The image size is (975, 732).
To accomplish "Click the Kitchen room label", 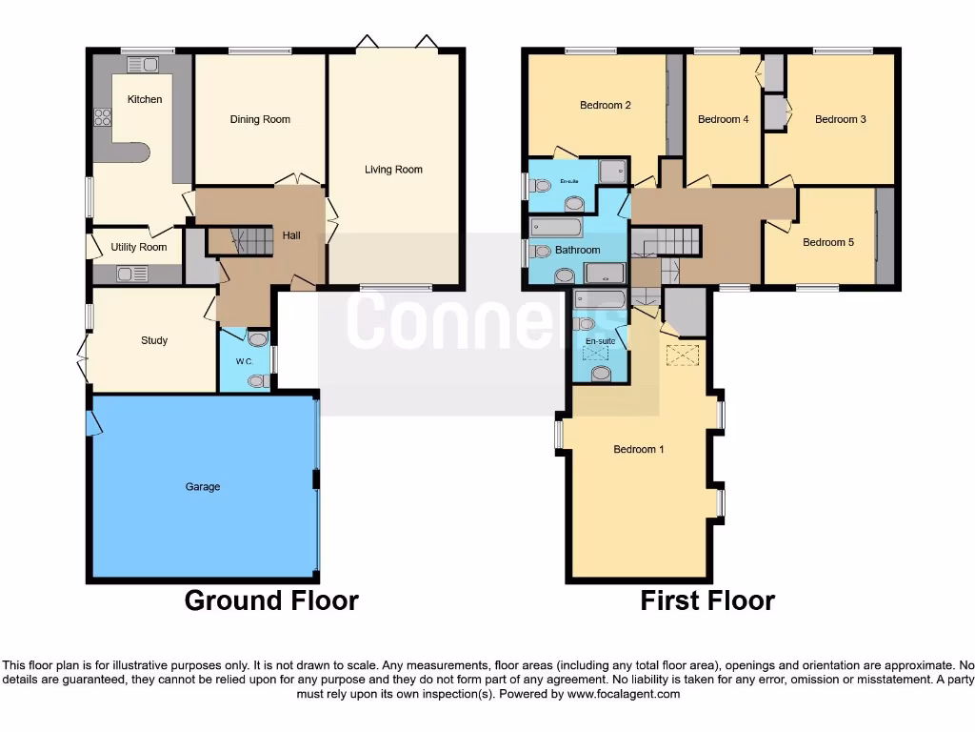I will pos(145,99).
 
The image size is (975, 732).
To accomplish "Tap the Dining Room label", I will pos(260,120).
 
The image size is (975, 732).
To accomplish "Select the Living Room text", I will pos(393,170).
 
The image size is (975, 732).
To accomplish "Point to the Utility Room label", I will pos(139,248).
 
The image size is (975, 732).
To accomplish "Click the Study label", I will pos(154,340).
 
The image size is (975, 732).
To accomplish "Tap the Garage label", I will pos(203,487).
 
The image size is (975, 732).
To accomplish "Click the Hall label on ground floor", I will pos(291,235).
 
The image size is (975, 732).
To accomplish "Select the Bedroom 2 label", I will pos(606,106).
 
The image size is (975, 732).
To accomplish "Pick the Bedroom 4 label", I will pos(724,120).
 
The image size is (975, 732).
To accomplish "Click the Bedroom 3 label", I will pos(841,120).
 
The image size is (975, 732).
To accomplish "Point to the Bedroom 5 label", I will pos(828,243).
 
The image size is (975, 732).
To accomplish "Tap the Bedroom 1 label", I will pos(639,450).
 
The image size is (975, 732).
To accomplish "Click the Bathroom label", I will pos(578,251).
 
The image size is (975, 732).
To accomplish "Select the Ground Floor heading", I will pos(271,600).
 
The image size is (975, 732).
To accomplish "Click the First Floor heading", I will pos(707,600).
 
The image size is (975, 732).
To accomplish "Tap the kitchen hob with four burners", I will pos(103,118).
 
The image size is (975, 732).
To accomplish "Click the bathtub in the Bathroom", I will pos(556,227).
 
